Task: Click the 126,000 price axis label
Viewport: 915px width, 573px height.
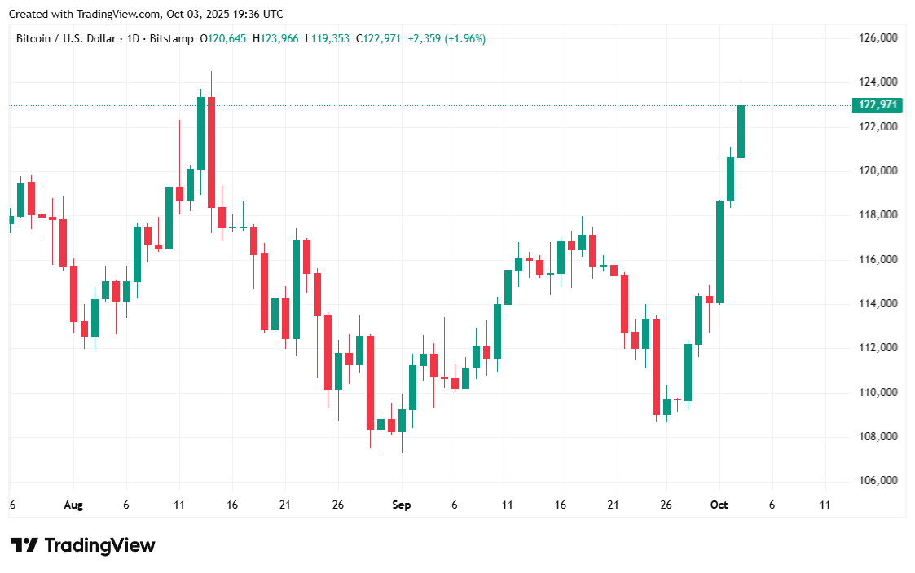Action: coord(878,37)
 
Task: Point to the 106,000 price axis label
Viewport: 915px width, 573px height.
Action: coord(878,481)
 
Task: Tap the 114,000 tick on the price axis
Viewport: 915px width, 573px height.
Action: coord(878,303)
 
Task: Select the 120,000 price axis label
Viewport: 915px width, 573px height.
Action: coord(878,170)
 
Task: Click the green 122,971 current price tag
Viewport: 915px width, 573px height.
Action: coord(878,105)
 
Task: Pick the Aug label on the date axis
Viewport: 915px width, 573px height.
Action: coord(73,505)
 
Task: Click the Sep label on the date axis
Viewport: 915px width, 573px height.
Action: coord(401,505)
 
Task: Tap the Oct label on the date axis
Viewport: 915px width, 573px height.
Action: coord(719,505)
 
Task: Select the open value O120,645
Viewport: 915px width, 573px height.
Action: coord(224,38)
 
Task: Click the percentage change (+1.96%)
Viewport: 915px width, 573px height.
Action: coord(464,38)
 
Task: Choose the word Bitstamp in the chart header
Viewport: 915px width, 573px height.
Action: coord(174,38)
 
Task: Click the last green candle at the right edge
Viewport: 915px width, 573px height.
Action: coord(741,131)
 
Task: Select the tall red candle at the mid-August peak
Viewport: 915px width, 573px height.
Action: coord(211,152)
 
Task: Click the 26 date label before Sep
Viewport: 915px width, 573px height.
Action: coord(337,505)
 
